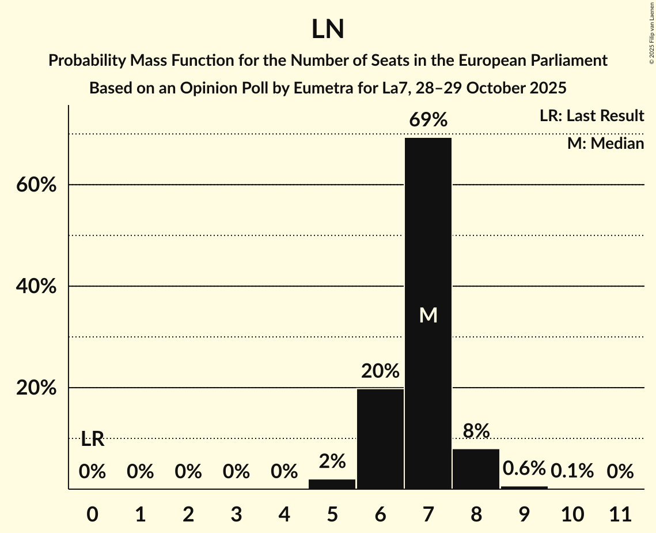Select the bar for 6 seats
pyautogui.click(x=380, y=439)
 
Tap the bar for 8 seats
pyautogui.click(x=476, y=469)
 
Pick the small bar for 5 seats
pyautogui.click(x=332, y=484)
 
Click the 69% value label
pyautogui.click(x=428, y=120)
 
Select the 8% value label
pyautogui.click(x=476, y=431)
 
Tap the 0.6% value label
pyautogui.click(x=524, y=468)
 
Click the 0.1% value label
pyautogui.click(x=572, y=471)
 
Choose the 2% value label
pyautogui.click(x=332, y=461)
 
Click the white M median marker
pyautogui.click(x=428, y=315)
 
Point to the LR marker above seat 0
pyautogui.click(x=92, y=440)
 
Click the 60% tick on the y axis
pyautogui.click(x=36, y=185)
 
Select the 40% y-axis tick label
pyautogui.click(x=36, y=287)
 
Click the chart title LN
pyautogui.click(x=328, y=30)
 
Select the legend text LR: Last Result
pyautogui.click(x=591, y=116)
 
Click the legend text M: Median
pyautogui.click(x=605, y=143)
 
